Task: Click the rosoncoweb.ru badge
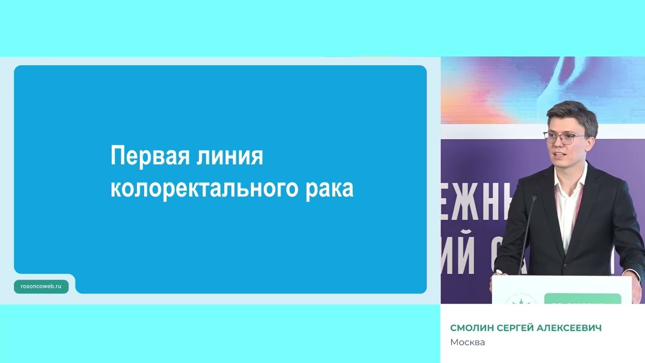pos(41,286)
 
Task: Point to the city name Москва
pos(468,342)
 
